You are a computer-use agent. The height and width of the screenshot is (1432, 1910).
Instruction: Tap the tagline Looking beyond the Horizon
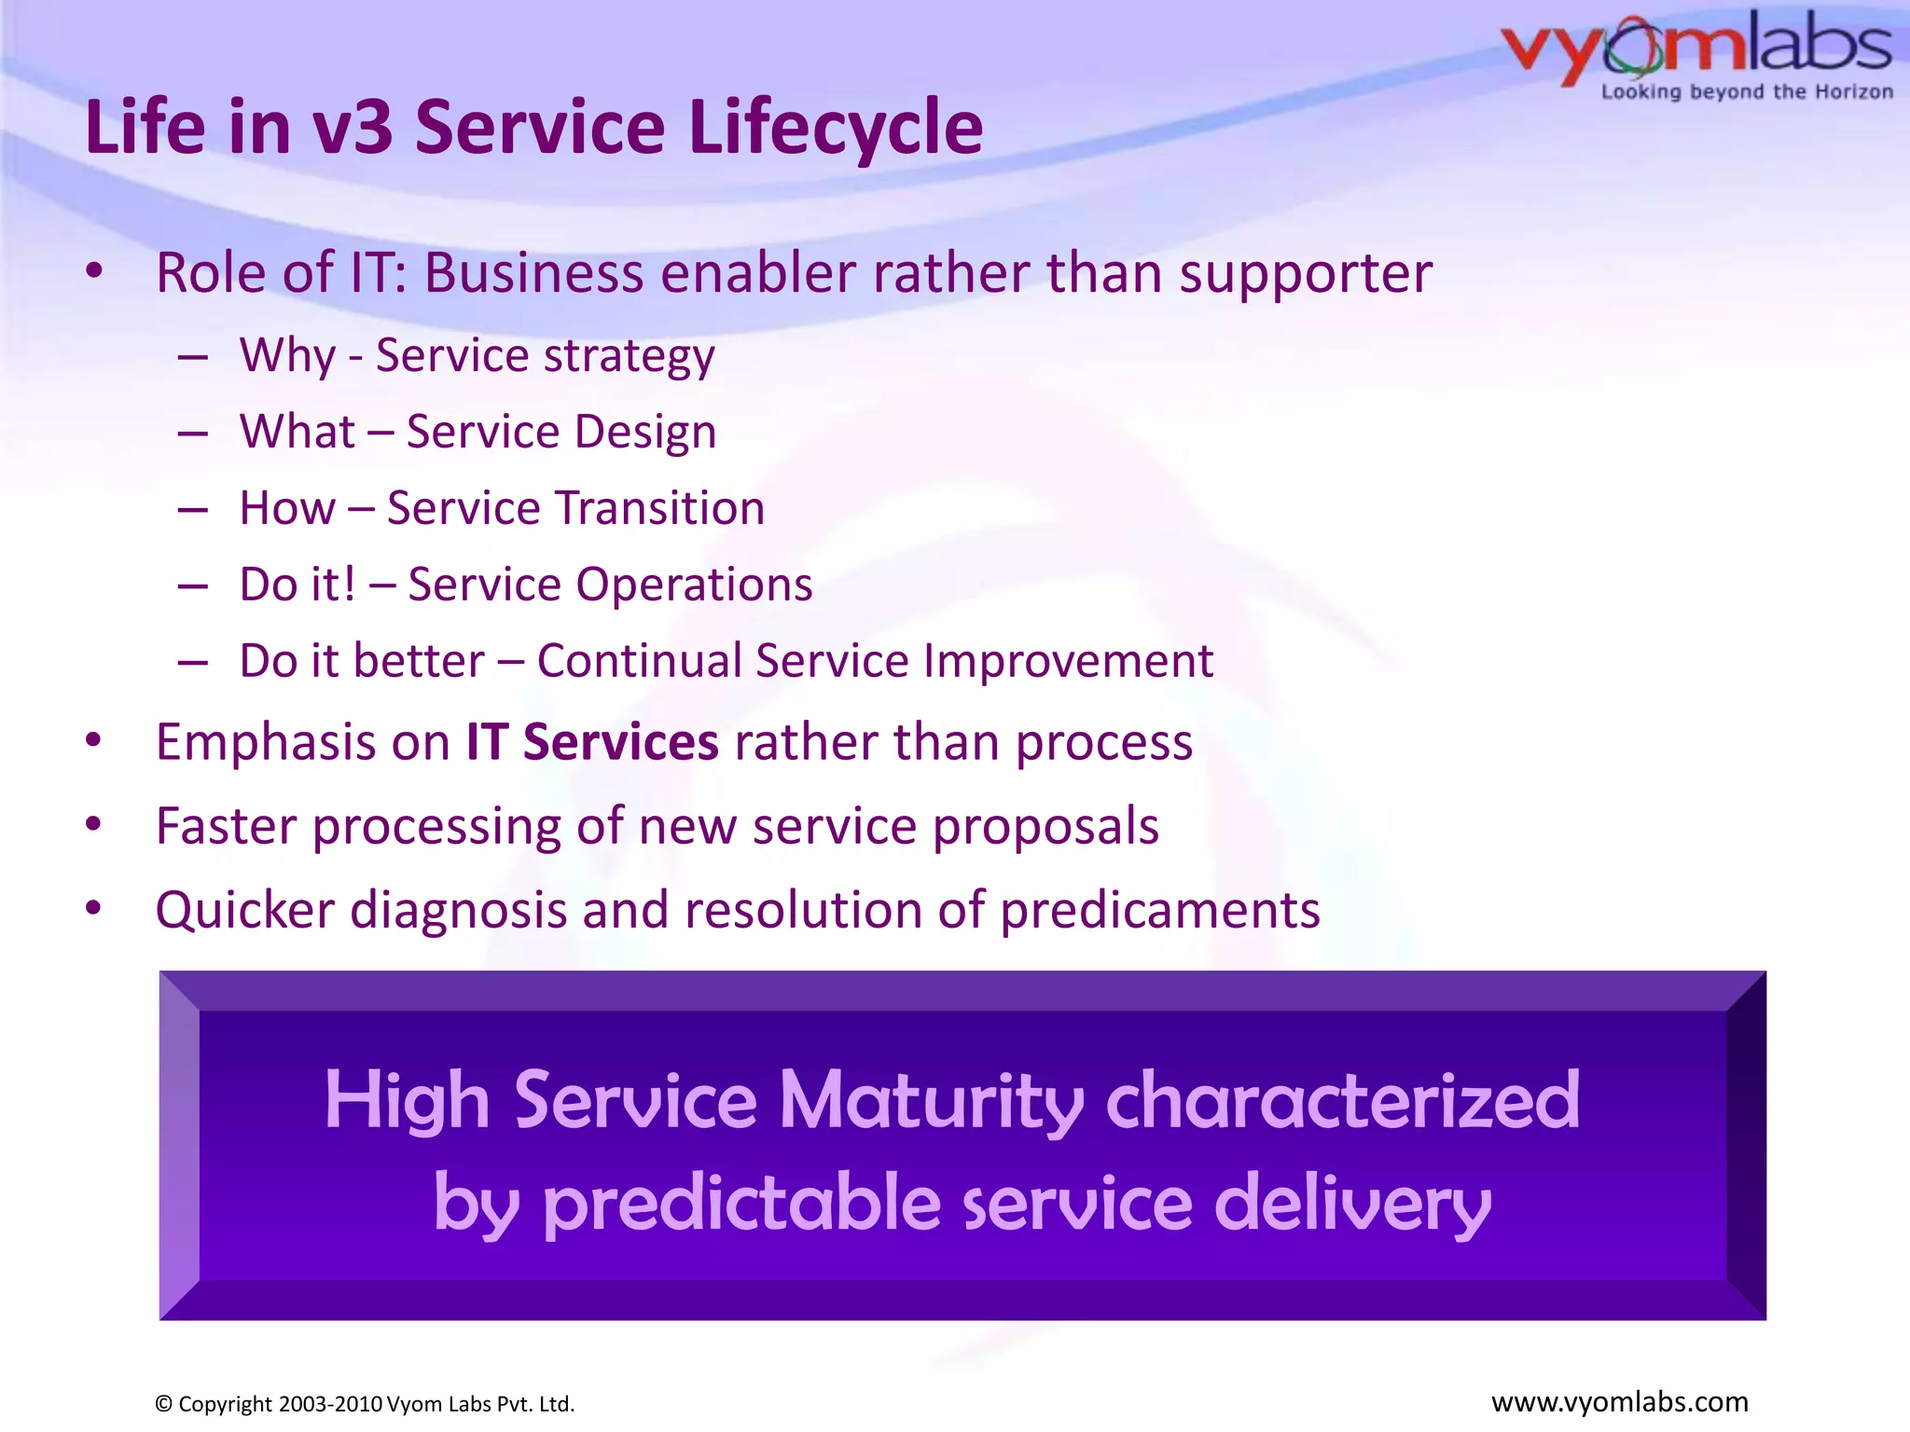[1747, 92]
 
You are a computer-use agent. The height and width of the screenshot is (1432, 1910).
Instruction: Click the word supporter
[1305, 275]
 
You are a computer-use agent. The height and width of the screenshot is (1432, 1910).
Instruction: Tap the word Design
[644, 433]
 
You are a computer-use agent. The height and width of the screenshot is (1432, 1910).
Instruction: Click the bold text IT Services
[592, 743]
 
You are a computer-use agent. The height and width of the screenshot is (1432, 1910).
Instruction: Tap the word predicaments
[1159, 911]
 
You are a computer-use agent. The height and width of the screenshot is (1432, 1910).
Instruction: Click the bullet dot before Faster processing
[93, 825]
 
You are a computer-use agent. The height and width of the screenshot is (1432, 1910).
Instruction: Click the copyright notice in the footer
[365, 1404]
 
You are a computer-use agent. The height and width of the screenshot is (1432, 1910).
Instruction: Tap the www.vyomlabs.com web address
[1619, 1402]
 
